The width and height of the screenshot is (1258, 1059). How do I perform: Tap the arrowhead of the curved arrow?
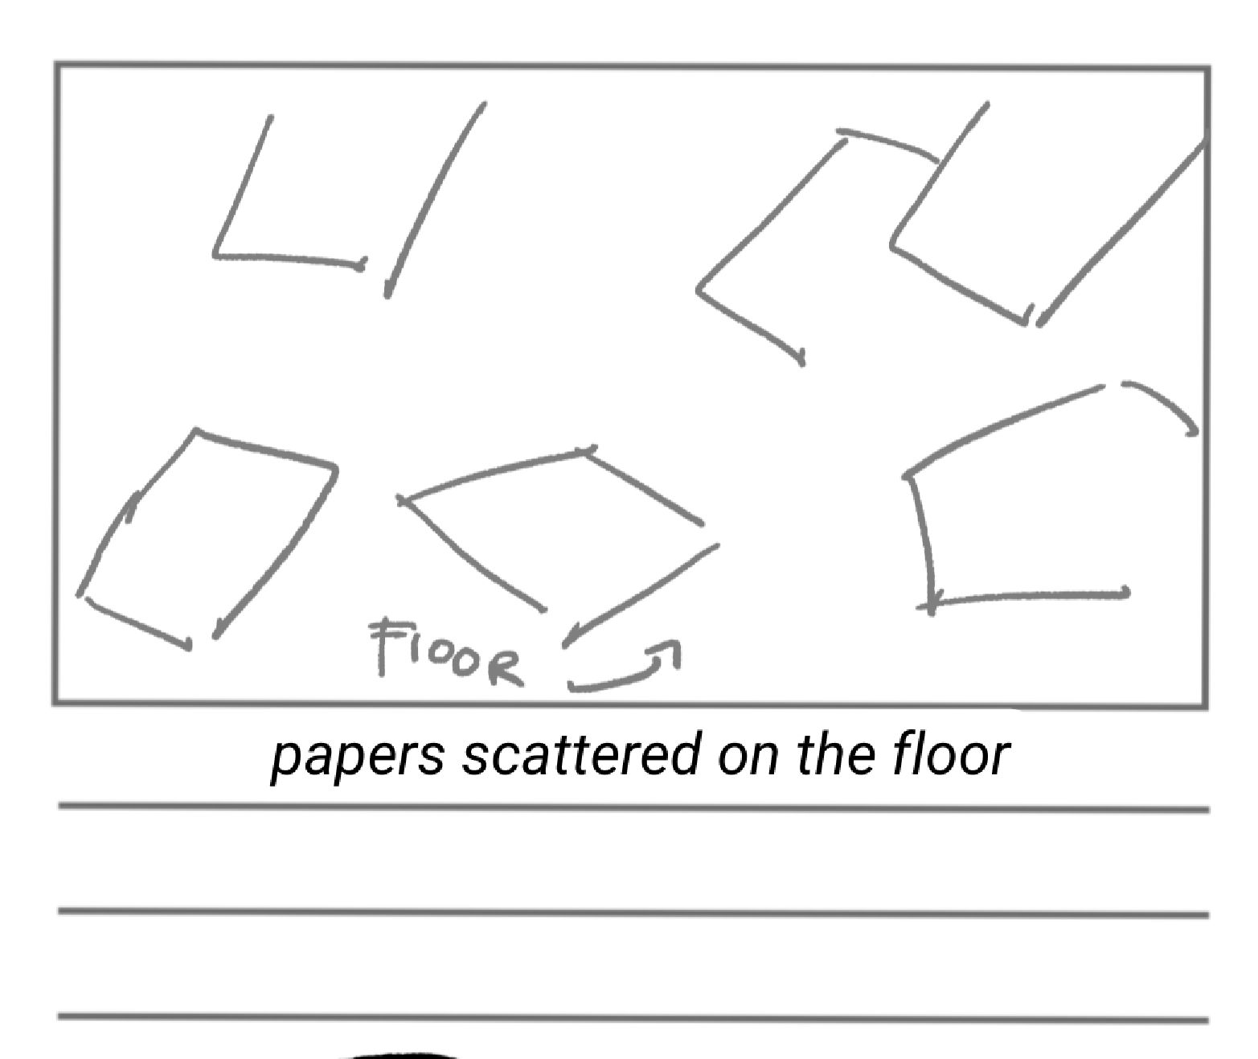coord(672,650)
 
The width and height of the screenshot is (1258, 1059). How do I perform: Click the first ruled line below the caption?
coord(633,807)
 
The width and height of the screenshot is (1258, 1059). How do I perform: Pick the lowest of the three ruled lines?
coord(633,1017)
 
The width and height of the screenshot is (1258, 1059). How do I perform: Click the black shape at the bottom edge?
coord(398,1054)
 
